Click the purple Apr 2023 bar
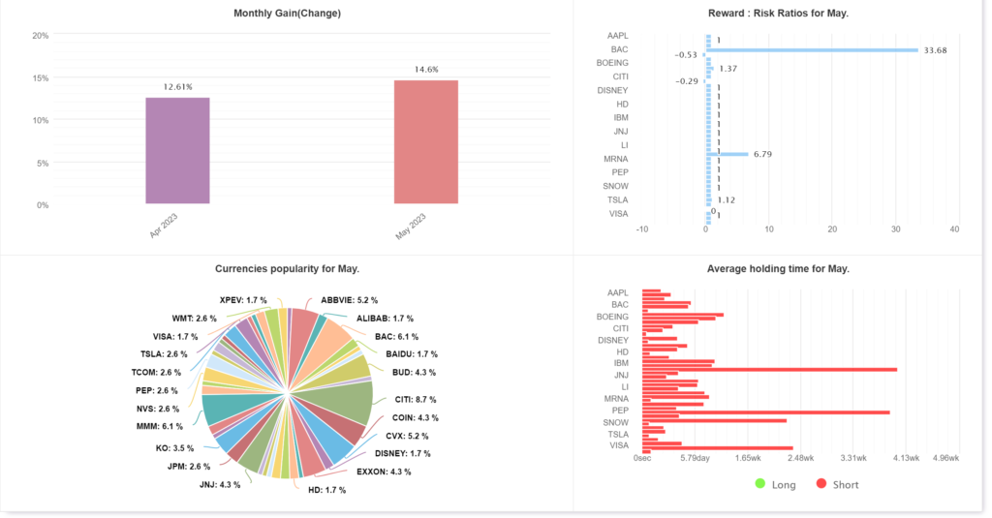(x=177, y=150)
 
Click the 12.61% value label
(x=177, y=87)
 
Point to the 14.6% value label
(x=426, y=70)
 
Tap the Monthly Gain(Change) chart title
(x=287, y=14)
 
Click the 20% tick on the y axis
(x=41, y=36)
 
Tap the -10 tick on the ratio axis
(x=641, y=229)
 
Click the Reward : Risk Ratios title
(x=779, y=14)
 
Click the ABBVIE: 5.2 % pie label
(x=349, y=300)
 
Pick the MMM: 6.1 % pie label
(x=160, y=426)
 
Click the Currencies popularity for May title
(x=287, y=268)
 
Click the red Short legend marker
(x=821, y=483)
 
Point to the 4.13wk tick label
(x=905, y=458)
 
